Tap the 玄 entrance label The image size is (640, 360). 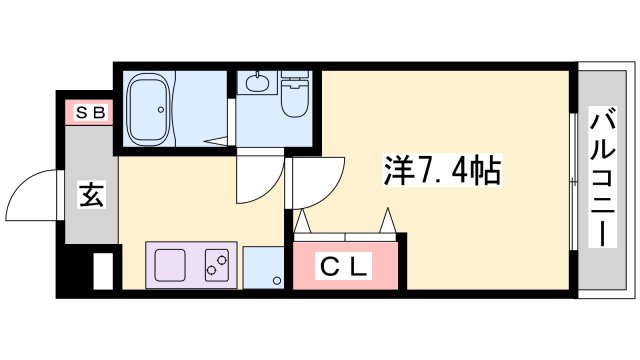click(91, 195)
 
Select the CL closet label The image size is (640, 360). click(344, 266)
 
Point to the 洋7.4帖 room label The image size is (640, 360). click(442, 171)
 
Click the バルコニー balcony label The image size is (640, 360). click(603, 177)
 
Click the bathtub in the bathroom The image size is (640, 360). click(149, 109)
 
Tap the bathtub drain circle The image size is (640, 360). click(161, 109)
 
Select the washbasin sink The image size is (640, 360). click(258, 82)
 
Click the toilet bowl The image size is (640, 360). click(294, 99)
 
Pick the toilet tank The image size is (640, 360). click(294, 75)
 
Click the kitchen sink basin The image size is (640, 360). click(170, 265)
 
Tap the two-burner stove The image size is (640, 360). click(217, 265)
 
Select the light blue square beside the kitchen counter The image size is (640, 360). click(263, 267)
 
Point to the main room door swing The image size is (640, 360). click(331, 192)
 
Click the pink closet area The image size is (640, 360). click(345, 265)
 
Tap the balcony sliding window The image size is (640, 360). click(574, 181)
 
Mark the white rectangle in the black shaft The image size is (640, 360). click(103, 271)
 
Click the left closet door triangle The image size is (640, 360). click(302, 221)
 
